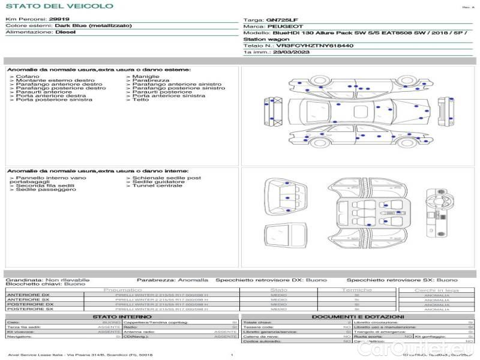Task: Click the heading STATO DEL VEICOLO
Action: pyautogui.click(x=59, y=6)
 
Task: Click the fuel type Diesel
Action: pyautogui.click(x=65, y=32)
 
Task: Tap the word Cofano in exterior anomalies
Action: pyautogui.click(x=28, y=77)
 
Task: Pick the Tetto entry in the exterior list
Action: pyautogui.click(x=140, y=100)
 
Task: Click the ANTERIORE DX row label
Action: pyautogui.click(x=28, y=295)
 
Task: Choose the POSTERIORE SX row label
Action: pyautogui.click(x=29, y=310)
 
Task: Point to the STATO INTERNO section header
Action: pyautogui.click(x=122, y=316)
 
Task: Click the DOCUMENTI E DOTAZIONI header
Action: pyautogui.click(x=358, y=316)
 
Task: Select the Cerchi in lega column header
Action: pyautogui.click(x=436, y=290)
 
